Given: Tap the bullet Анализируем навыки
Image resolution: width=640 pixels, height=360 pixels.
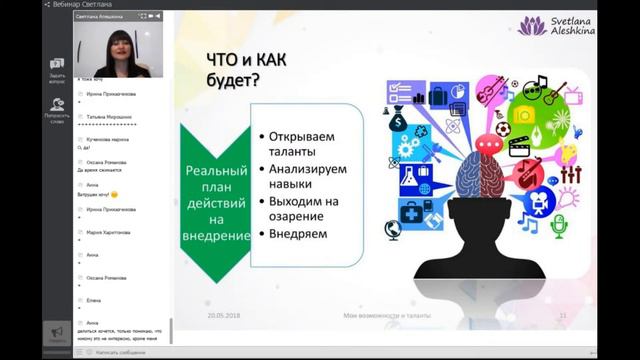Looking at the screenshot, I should click(306, 176).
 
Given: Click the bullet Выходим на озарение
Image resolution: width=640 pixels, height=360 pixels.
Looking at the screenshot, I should click(303, 208).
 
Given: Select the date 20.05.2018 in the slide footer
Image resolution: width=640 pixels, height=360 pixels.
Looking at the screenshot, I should click(224, 315).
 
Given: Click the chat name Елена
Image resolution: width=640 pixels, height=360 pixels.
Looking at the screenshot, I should click(93, 300).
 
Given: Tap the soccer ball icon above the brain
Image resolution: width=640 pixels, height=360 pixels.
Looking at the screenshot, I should click(502, 129).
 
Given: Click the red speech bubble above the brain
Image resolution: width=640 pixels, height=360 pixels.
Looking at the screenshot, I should click(488, 144).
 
